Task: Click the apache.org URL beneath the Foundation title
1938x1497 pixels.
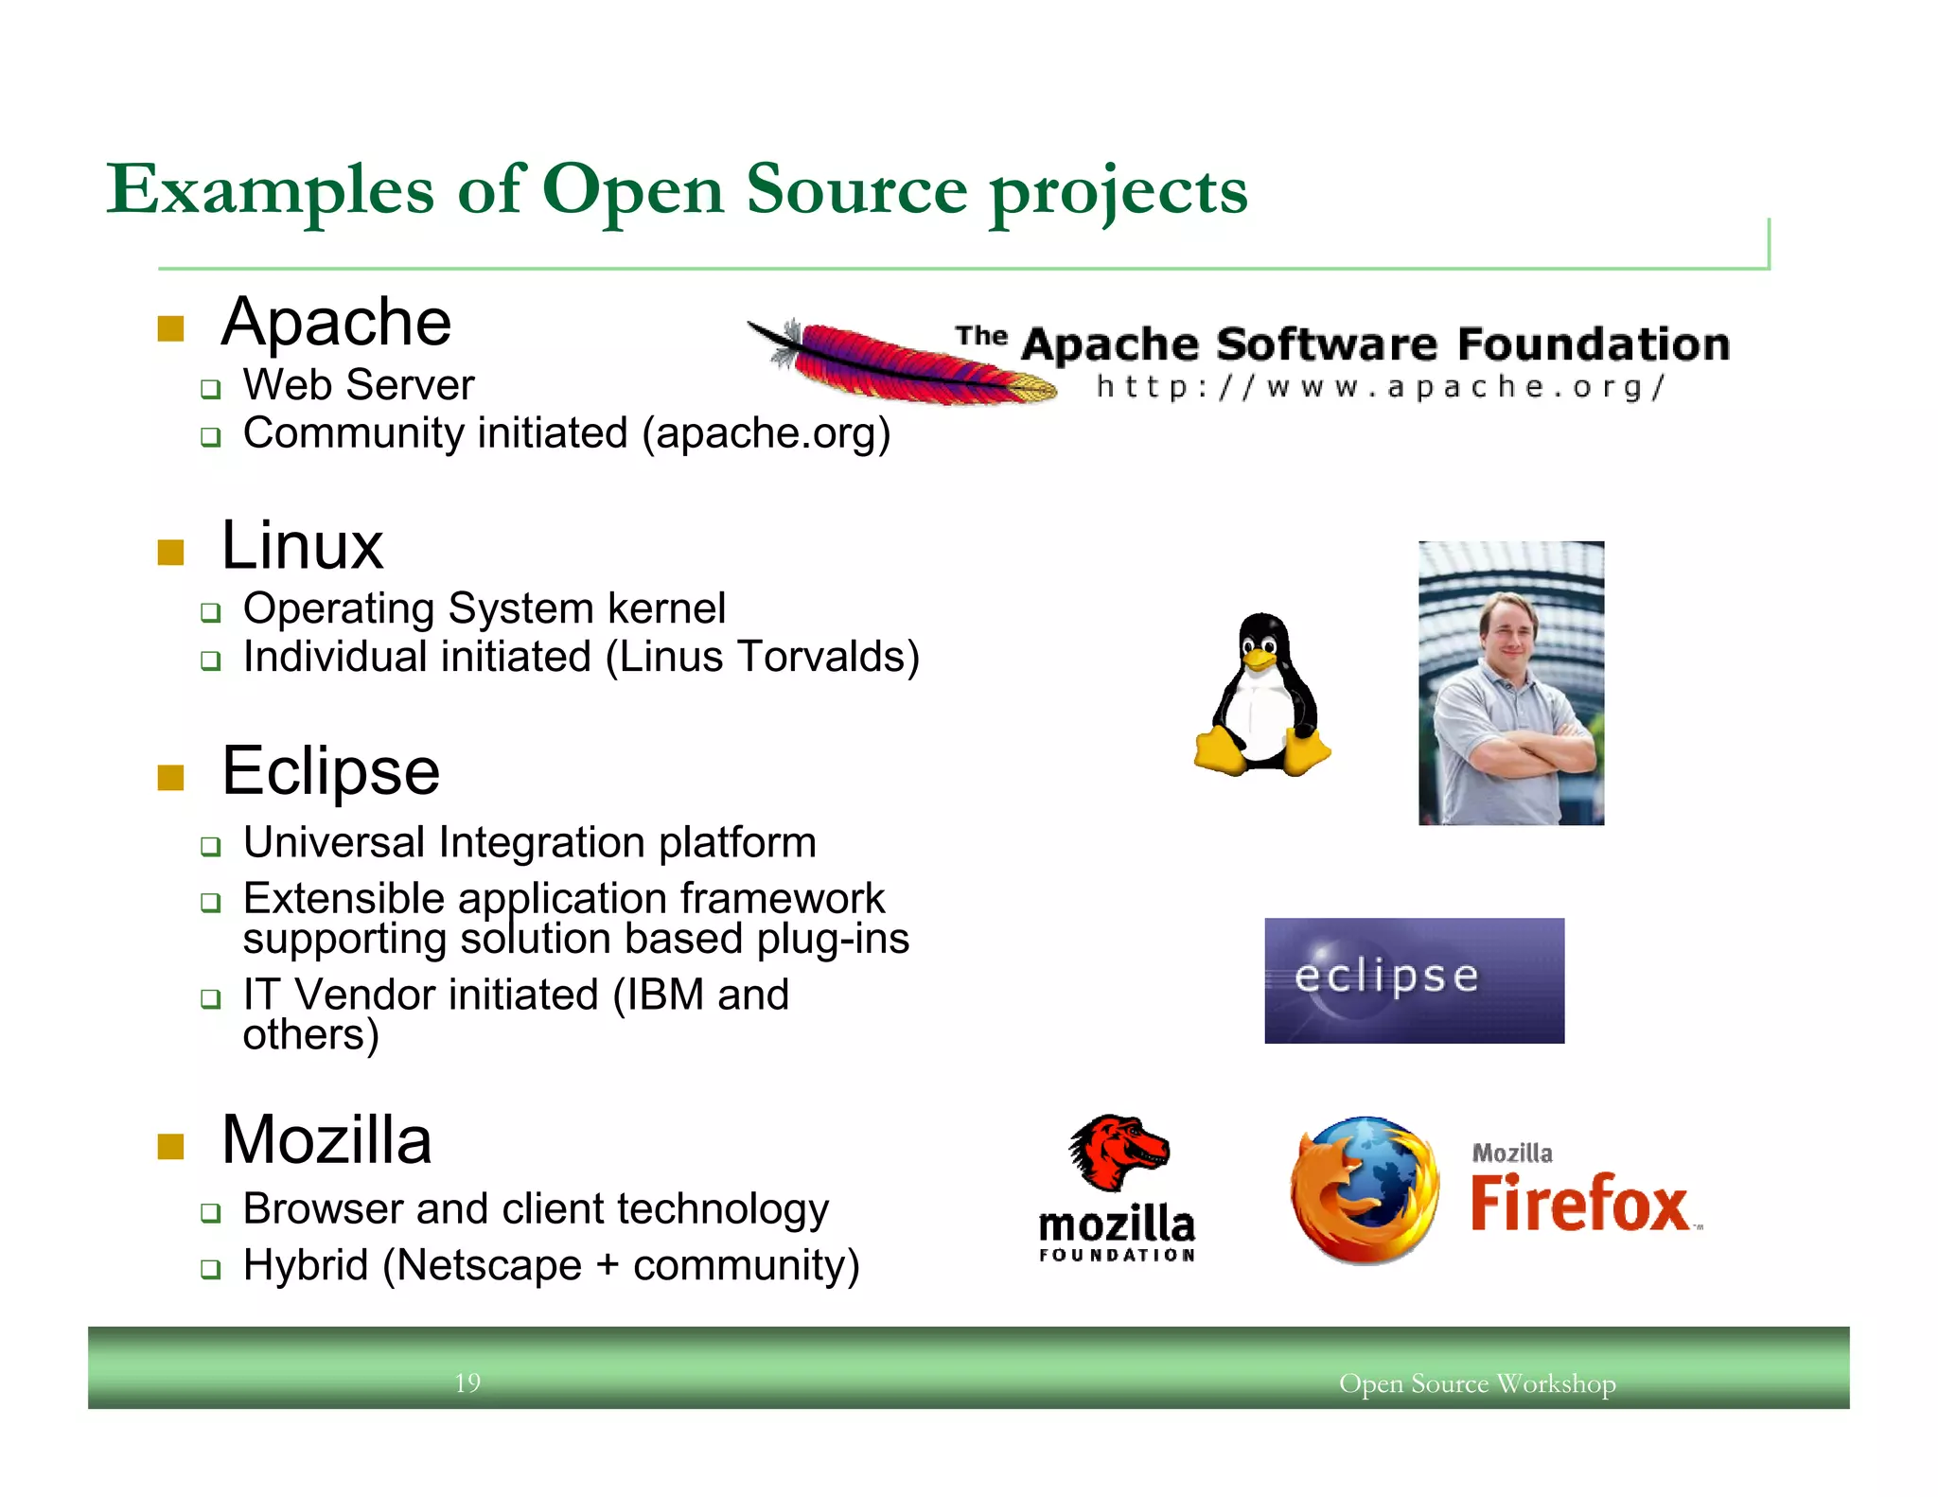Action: pyautogui.click(x=1380, y=387)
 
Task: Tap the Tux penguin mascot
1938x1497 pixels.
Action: pyautogui.click(x=1262, y=696)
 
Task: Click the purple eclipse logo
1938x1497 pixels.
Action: pyautogui.click(x=1414, y=980)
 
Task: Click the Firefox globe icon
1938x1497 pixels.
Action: pyautogui.click(x=1365, y=1189)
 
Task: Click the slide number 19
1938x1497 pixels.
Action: pyautogui.click(x=467, y=1383)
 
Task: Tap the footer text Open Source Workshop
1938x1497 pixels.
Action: pyautogui.click(x=1477, y=1383)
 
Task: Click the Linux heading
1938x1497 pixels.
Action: pyautogui.click(x=303, y=546)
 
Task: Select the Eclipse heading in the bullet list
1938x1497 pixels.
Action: pyautogui.click(x=330, y=771)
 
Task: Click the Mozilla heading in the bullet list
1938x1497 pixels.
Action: pyautogui.click(x=326, y=1139)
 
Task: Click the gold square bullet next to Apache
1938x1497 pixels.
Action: pyautogui.click(x=170, y=328)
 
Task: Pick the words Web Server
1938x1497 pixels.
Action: pyautogui.click(x=359, y=385)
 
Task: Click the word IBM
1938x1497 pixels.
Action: pyautogui.click(x=665, y=995)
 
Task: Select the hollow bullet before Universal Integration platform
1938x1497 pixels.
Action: pyautogui.click(x=210, y=846)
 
